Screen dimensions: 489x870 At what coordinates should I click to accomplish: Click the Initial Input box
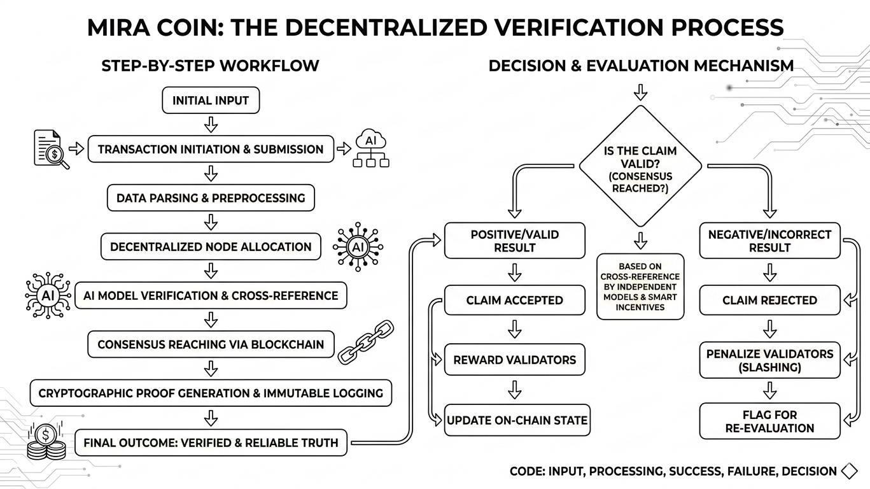coord(211,101)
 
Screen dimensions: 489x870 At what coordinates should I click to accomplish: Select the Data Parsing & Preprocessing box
coord(211,198)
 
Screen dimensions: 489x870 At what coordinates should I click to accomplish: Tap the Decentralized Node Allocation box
coord(211,247)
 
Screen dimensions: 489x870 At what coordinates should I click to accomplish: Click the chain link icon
coord(361,343)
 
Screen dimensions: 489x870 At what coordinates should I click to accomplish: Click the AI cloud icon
coord(370,148)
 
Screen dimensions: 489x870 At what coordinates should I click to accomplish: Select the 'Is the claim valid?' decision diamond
coord(640,166)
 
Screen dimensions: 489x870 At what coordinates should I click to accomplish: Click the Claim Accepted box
coord(514,301)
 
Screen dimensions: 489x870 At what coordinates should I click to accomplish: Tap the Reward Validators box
coord(514,360)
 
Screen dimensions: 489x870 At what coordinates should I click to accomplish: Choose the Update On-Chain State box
coord(517,420)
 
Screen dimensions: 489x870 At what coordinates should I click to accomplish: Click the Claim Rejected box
coord(769,301)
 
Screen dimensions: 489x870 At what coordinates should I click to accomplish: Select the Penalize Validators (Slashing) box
coord(769,360)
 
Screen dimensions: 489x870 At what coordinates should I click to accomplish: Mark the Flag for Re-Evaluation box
coord(769,422)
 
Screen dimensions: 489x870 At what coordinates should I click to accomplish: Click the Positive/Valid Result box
coord(514,241)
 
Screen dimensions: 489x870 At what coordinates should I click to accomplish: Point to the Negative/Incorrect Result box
coord(769,241)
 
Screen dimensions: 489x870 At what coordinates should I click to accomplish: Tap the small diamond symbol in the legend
coord(849,472)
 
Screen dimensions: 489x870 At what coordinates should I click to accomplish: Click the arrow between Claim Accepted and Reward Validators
coord(515,330)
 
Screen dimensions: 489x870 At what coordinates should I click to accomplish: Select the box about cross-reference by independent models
coord(640,287)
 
